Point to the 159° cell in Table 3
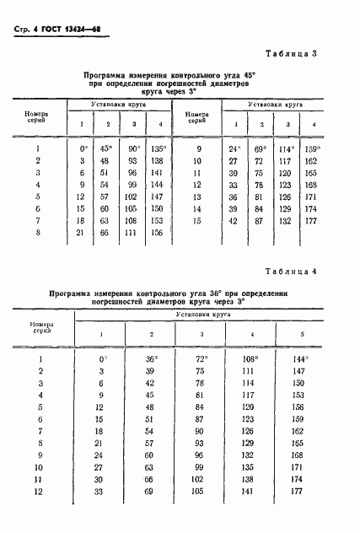tap(313, 148)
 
